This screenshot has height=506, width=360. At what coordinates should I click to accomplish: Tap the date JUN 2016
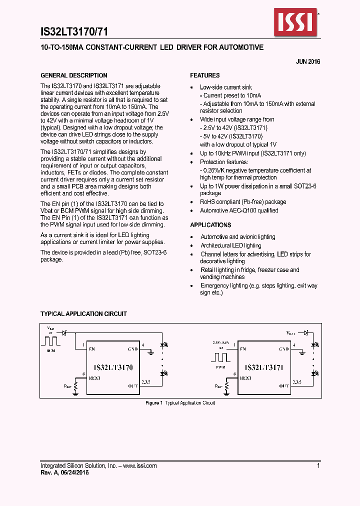308,62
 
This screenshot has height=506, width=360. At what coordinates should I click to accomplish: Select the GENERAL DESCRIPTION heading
73,75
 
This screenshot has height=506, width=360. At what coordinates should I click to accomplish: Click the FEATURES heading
204,75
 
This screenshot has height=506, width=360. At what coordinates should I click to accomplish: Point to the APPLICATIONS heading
210,225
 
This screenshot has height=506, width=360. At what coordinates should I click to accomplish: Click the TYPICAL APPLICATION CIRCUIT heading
83,314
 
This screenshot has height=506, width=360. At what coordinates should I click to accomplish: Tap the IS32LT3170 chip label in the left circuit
113,367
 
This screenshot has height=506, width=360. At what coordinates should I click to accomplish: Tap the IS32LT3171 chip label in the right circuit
264,367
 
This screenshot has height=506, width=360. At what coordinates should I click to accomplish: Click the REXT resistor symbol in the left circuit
75,386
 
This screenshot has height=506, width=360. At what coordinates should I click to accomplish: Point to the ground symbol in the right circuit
301,353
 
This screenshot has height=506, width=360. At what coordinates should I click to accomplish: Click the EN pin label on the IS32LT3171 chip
242,349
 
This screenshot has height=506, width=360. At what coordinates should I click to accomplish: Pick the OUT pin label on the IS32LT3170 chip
132,386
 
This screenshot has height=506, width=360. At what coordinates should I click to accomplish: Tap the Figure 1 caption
180,403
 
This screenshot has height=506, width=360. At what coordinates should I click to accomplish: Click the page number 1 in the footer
318,465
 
